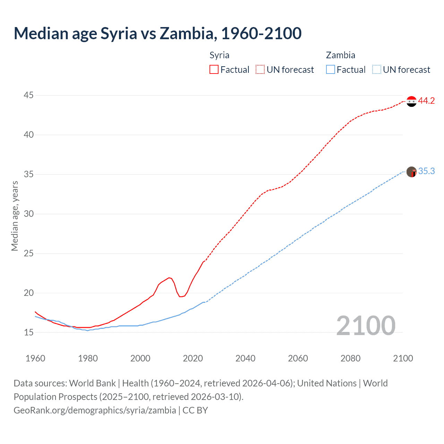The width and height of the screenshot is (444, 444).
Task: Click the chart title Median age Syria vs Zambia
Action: click(157, 33)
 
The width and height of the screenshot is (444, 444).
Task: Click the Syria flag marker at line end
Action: click(411, 101)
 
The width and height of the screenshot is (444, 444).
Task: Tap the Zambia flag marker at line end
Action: click(411, 172)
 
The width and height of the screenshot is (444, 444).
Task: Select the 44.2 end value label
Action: click(426, 101)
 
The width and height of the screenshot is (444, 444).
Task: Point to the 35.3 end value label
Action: click(426, 171)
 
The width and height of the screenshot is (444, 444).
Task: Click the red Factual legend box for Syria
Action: click(214, 70)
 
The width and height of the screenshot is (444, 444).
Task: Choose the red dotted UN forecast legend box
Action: click(260, 70)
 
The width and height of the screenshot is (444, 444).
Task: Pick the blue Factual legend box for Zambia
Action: click(330, 70)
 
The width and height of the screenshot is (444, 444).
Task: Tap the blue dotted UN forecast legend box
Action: click(376, 70)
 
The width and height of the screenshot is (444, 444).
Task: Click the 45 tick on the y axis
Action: click(29, 95)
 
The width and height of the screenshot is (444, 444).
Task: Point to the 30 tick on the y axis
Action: click(29, 214)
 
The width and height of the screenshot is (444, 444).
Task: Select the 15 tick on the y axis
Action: click(29, 332)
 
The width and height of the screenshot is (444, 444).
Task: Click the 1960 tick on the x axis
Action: click(35, 358)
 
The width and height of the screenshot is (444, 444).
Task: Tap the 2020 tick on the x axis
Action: click(193, 358)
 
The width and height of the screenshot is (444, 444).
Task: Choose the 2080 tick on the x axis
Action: click(350, 358)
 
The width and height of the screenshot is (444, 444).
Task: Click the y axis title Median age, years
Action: click(15, 216)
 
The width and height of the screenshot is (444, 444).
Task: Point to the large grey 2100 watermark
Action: click(366, 325)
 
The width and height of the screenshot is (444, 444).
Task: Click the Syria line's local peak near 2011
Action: click(169, 277)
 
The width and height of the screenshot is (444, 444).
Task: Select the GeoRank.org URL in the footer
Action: click(95, 410)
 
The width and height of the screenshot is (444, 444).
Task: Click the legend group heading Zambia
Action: click(340, 55)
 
